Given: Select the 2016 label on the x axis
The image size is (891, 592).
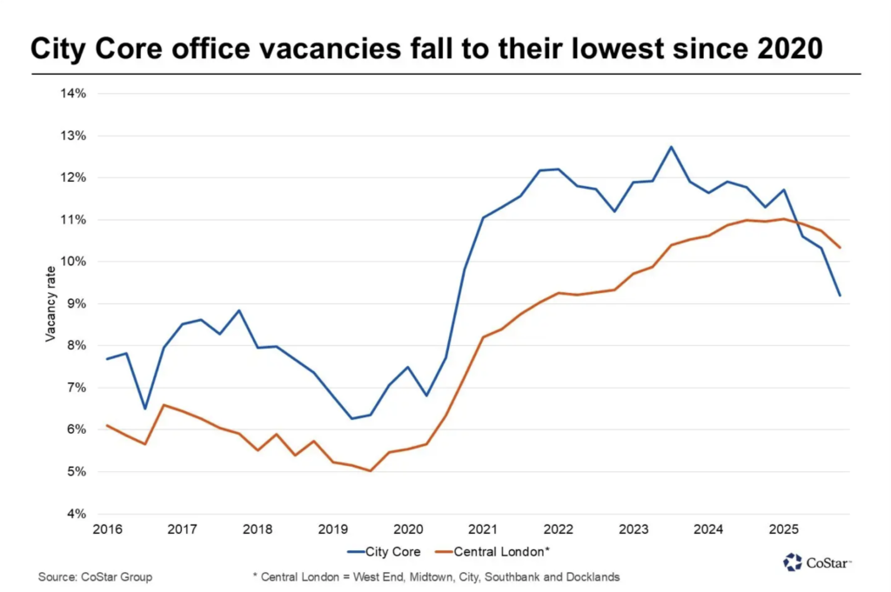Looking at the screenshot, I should (105, 529).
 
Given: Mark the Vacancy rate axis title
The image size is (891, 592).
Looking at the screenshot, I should (50, 303).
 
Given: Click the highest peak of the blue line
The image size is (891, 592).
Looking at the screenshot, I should (671, 146).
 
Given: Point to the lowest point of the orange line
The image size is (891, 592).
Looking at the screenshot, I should (371, 471).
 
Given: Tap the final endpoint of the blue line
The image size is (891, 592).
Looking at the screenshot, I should (840, 296).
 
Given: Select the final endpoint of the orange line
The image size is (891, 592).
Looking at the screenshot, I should (840, 248).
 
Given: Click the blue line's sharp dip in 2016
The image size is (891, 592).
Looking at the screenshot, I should (144, 409).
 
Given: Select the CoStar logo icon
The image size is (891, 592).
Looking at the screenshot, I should (792, 562).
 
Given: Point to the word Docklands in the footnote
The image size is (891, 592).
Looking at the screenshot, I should (593, 577).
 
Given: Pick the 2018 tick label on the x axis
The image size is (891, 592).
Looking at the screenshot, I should (256, 529).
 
